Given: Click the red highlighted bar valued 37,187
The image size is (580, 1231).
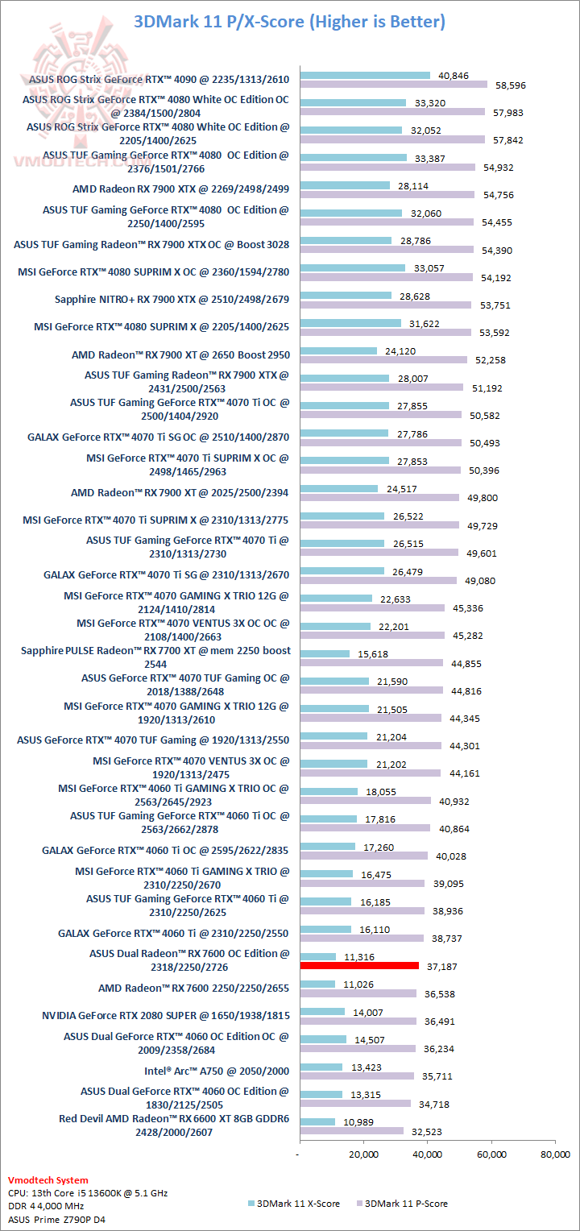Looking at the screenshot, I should pyautogui.click(x=359, y=965).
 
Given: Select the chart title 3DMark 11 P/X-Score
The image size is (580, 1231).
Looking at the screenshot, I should pyautogui.click(x=289, y=22).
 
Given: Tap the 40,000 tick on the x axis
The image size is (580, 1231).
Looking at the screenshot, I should pyautogui.click(x=428, y=1155).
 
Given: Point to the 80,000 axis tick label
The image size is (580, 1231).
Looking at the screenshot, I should pyautogui.click(x=554, y=1155).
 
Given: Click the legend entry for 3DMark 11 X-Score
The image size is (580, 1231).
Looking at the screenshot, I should pyautogui.click(x=292, y=1204).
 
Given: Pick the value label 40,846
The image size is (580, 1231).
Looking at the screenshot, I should pyautogui.click(x=454, y=75).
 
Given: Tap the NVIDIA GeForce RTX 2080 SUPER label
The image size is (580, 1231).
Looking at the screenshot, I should pyautogui.click(x=165, y=1015).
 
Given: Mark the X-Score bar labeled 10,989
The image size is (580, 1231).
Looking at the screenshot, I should pyautogui.click(x=317, y=1121).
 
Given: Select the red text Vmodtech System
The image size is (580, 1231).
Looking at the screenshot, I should pyautogui.click(x=48, y=1180).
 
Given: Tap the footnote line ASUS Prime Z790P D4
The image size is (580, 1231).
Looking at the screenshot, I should pyautogui.click(x=56, y=1220).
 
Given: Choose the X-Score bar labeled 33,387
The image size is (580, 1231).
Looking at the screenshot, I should pyautogui.click(x=354, y=157).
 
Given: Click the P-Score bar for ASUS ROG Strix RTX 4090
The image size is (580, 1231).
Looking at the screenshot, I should pyautogui.click(x=394, y=85).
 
